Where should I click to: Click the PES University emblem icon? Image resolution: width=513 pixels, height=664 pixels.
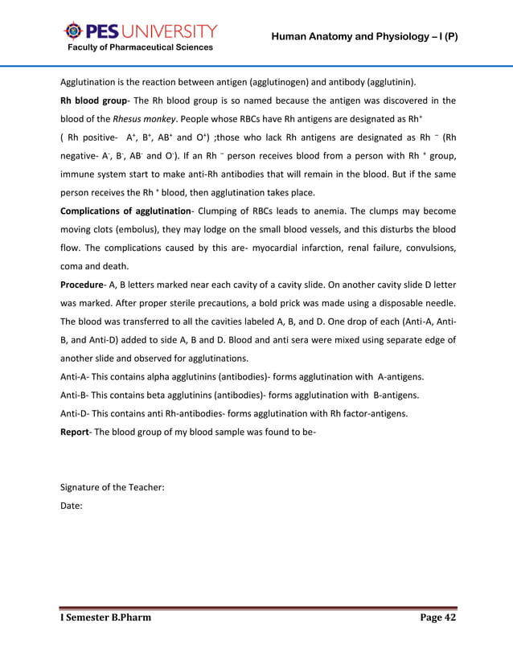coord(72,31)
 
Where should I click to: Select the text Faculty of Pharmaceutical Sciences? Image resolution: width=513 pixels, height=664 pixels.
coord(139,47)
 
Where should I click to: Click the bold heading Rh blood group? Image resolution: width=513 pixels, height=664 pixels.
coord(96,100)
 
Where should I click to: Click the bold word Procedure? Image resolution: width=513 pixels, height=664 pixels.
coord(85,285)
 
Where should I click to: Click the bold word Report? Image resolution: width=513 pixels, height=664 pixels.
coord(77,432)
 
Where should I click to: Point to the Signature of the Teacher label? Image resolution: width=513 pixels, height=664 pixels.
coord(113,488)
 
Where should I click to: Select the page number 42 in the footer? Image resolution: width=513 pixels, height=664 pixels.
coord(448,617)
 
